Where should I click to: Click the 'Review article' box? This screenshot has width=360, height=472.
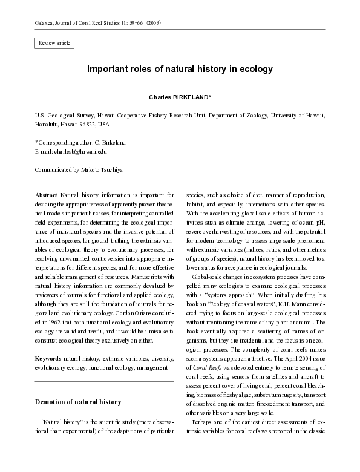(54, 43)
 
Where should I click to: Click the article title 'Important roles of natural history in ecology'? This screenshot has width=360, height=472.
(180, 69)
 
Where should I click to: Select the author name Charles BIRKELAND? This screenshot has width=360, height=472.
(179, 97)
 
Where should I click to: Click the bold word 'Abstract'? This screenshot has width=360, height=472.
(47, 196)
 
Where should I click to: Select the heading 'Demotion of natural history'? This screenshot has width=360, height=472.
(78, 402)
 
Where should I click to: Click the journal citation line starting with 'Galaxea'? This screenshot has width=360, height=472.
(97, 22)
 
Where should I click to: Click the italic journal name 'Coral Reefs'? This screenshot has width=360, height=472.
(203, 351)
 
